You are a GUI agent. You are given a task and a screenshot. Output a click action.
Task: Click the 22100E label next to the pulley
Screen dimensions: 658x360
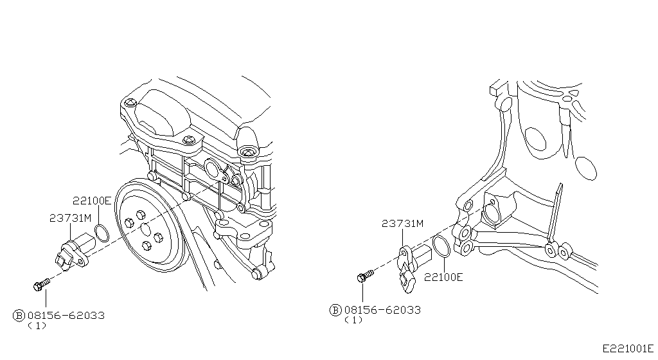pos(91,201)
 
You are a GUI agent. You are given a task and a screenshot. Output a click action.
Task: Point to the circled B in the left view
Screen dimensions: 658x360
pos(19,316)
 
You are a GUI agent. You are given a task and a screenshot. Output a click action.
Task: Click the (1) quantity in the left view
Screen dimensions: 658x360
pos(37,326)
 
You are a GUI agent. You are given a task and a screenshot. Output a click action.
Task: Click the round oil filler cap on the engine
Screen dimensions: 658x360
pos(247,152)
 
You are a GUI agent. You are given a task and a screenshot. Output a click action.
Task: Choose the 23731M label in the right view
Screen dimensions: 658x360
pos(403,224)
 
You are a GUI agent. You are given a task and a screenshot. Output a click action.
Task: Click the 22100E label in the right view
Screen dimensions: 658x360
pos(444,278)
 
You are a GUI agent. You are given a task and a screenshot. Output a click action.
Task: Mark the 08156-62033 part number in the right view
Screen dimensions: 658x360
pos(382,310)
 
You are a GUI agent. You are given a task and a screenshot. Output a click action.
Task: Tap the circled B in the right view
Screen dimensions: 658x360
pos(335,310)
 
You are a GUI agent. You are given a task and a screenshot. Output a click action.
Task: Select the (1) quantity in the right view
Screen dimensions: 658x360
pos(353,320)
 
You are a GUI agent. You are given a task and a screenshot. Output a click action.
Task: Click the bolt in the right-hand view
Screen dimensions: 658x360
pos(364,277)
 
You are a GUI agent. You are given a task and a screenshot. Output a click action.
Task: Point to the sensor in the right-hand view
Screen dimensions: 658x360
pos(412,264)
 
